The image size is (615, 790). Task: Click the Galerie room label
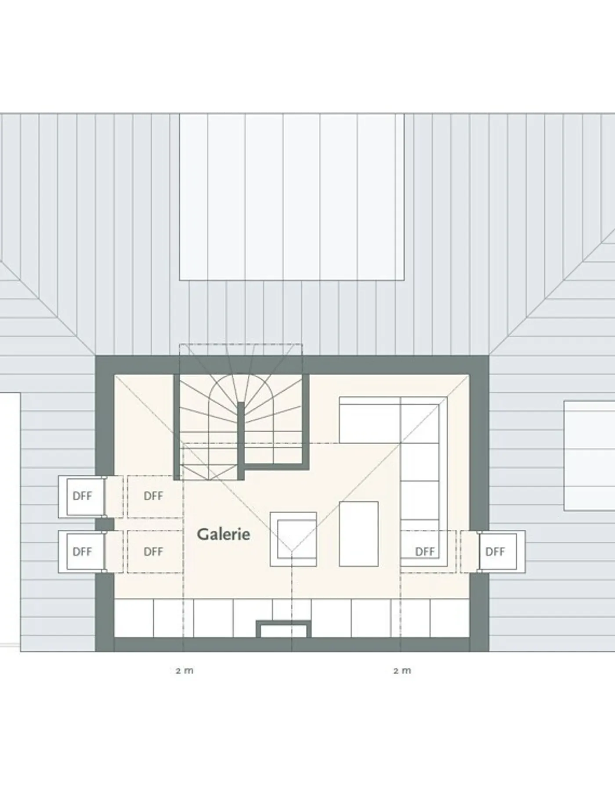(224, 534)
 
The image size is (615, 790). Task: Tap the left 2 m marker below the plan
(184, 671)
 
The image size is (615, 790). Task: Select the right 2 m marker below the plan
(402, 671)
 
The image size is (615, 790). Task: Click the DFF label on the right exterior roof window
(495, 552)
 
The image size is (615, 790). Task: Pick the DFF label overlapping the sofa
(425, 552)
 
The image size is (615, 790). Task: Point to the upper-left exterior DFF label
(82, 496)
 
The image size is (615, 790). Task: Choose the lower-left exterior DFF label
(82, 552)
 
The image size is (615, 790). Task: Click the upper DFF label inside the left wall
(153, 496)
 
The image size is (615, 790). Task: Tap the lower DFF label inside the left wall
(153, 552)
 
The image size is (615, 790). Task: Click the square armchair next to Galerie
(293, 539)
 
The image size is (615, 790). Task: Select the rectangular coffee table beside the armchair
(358, 534)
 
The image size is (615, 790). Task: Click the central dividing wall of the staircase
(241, 440)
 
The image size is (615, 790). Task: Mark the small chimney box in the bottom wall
(284, 628)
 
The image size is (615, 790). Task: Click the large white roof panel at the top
(291, 197)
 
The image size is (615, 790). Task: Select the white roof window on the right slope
(590, 456)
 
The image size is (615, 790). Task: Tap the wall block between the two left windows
(105, 524)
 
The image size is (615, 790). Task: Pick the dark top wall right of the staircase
(395, 365)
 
